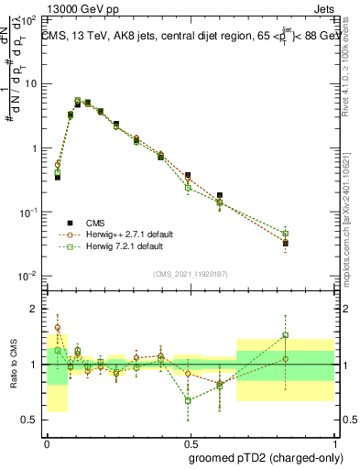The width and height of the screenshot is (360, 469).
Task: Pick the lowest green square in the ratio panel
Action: [x=188, y=400]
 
